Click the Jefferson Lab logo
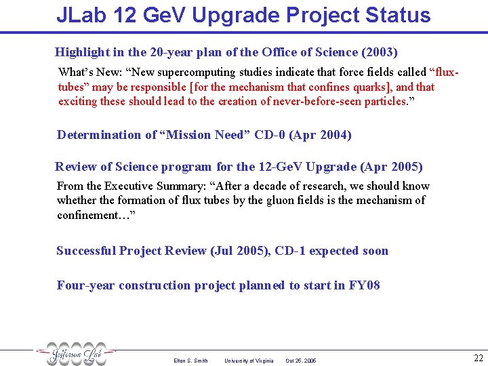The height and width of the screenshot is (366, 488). point(76,354)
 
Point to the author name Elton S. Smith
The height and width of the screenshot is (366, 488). point(190,361)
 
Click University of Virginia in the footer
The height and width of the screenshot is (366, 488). point(249,361)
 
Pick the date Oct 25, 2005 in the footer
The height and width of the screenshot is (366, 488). point(301,361)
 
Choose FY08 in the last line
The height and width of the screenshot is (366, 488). point(364,285)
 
